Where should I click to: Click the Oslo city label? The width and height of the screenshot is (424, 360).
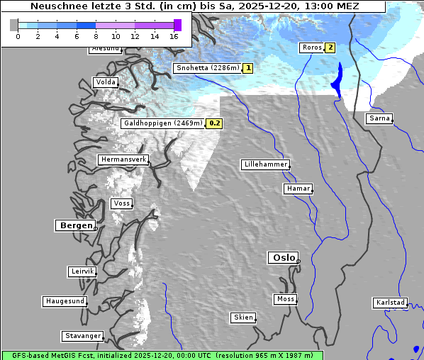click(283, 257)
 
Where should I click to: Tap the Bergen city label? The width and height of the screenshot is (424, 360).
click(74, 225)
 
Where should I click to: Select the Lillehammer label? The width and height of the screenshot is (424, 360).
click(265, 164)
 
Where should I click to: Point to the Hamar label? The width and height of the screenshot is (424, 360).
click(297, 189)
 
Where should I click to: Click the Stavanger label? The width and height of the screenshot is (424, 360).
click(82, 336)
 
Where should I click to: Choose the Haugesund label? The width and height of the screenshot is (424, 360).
click(65, 301)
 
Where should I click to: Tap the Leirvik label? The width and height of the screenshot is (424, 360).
click(82, 271)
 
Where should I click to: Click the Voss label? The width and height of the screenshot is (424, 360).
click(121, 203)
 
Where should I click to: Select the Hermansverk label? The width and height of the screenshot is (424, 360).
click(123, 159)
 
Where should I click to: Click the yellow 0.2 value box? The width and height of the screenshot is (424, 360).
click(215, 123)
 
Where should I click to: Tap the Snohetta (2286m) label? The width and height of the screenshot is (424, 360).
click(206, 68)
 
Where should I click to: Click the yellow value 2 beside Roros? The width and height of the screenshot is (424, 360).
click(330, 48)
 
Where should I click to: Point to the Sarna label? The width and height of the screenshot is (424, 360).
click(379, 118)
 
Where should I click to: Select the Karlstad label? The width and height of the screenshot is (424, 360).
click(390, 303)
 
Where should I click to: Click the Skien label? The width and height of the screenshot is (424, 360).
click(242, 317)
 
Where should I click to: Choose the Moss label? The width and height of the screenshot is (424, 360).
click(285, 299)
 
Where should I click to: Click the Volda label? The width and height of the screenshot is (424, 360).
click(105, 82)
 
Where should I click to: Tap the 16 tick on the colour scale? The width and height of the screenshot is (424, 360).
click(174, 36)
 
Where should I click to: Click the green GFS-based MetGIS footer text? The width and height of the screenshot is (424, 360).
click(162, 355)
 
